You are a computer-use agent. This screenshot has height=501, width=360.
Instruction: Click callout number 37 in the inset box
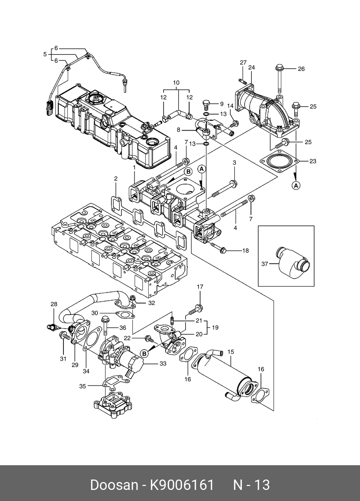[265, 264]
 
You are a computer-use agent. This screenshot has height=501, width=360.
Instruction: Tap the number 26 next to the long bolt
[301, 69]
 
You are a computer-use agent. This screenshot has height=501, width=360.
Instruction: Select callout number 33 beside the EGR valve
[163, 364]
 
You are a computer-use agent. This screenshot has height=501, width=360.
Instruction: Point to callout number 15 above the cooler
[231, 352]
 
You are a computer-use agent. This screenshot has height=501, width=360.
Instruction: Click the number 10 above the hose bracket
[176, 83]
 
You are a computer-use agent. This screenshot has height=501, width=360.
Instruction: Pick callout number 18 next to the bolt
[245, 251]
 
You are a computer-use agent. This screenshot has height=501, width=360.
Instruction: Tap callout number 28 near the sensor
[54, 305]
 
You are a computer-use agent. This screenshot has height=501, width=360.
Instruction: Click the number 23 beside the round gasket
[313, 161]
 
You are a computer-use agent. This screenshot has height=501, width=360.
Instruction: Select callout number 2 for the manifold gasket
[116, 178]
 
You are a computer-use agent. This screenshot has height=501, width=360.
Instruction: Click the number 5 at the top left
[45, 54]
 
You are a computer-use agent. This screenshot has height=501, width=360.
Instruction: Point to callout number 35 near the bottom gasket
[82, 386]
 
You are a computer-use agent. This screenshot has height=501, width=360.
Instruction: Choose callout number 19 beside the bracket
[215, 327]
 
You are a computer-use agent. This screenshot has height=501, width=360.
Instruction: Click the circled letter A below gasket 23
[296, 185]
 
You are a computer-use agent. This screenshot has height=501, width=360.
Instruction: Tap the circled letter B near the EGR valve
[144, 354]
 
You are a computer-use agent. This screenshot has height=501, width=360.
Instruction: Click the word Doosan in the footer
[114, 485]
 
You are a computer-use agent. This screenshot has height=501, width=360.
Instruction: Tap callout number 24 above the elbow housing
[251, 67]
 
